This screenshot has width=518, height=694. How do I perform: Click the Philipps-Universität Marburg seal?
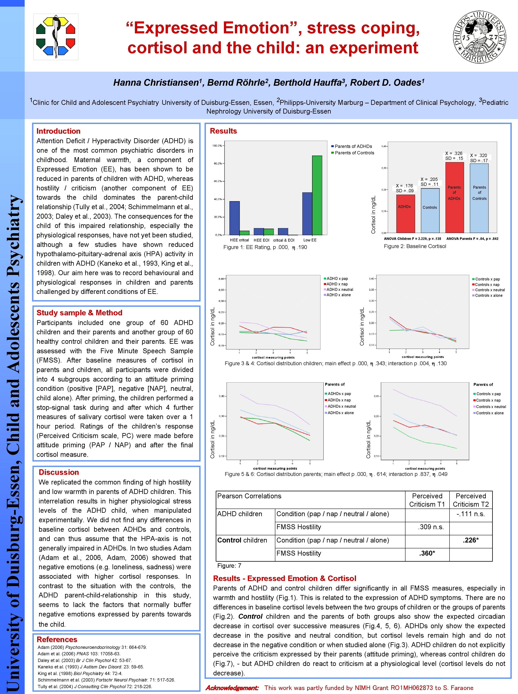[x=479, y=37]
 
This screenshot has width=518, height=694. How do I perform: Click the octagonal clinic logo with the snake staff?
[x=56, y=37]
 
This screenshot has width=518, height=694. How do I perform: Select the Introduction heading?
[x=58, y=131]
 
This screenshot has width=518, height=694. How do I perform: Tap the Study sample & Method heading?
[x=79, y=313]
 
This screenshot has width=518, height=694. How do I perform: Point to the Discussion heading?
[x=59, y=472]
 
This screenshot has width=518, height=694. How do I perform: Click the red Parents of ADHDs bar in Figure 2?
[x=454, y=197]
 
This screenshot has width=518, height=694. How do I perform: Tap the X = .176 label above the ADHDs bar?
[x=405, y=186]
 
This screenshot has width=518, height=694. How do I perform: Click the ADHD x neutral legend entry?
[x=340, y=290]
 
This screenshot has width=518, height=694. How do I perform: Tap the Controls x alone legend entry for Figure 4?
[x=489, y=295]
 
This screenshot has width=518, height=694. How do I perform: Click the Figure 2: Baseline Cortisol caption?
[x=415, y=246]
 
